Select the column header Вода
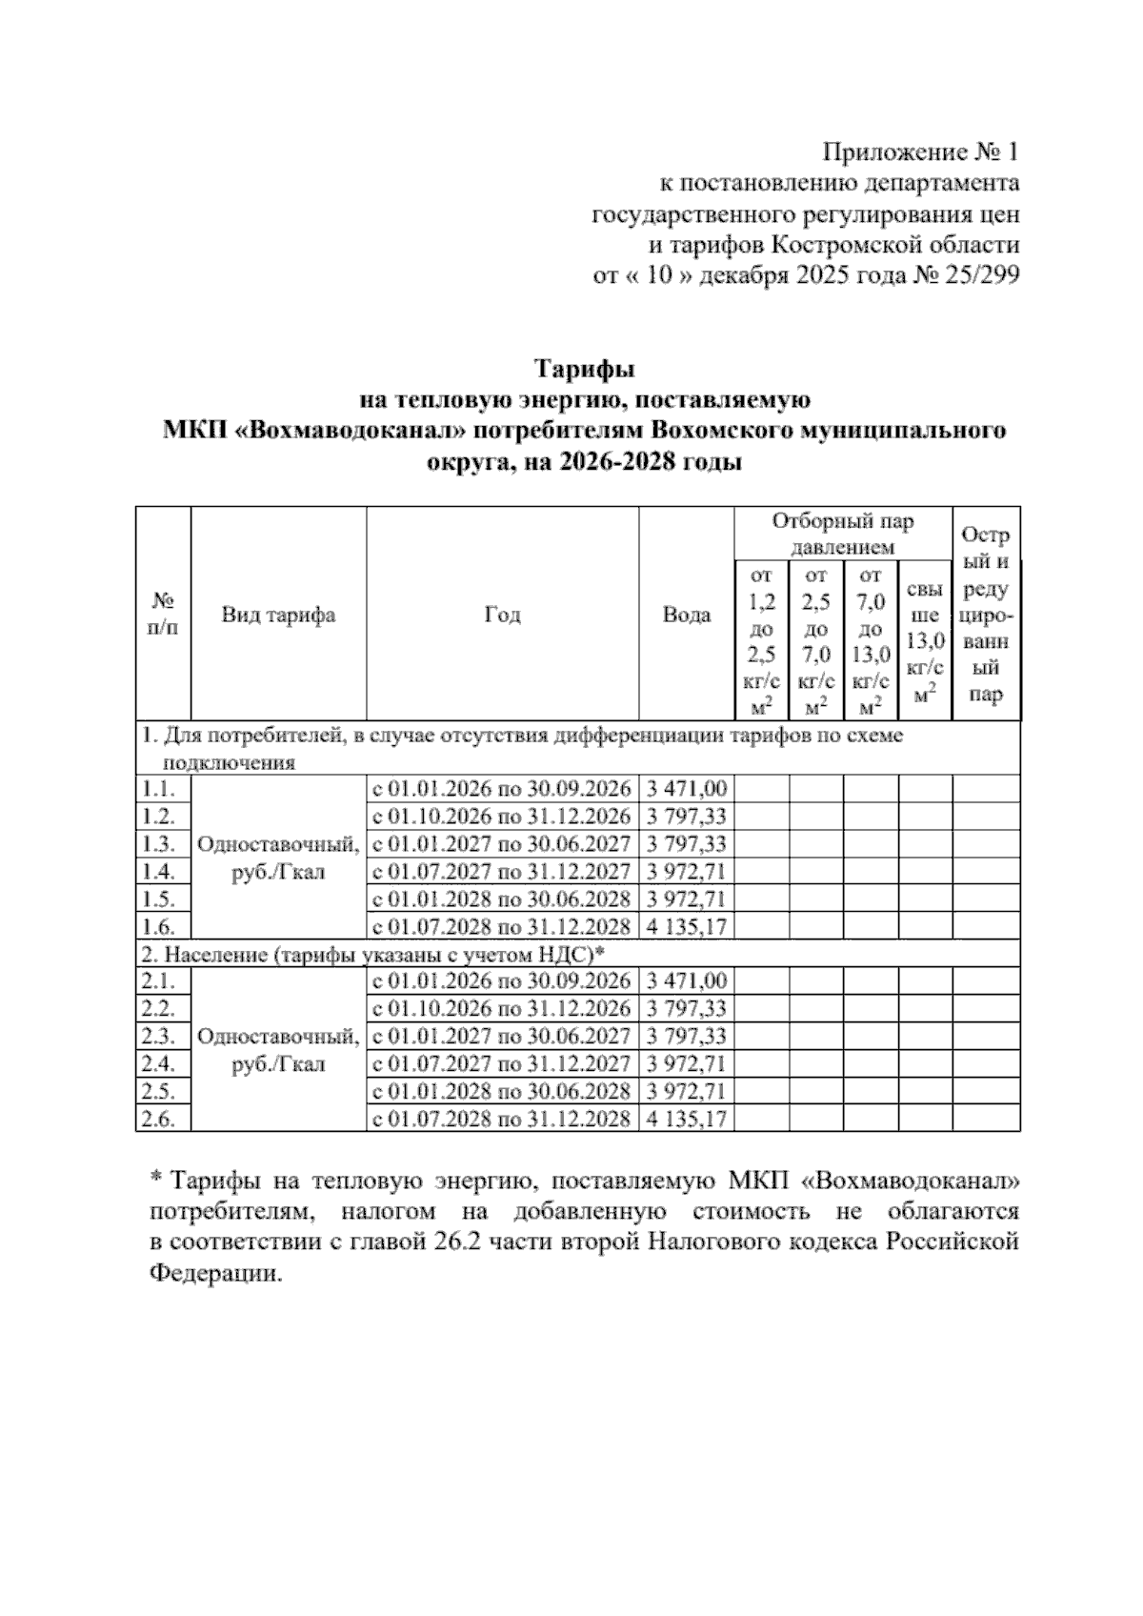point(686,615)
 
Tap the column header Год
point(502,615)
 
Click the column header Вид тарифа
point(278,615)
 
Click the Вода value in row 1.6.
point(686,926)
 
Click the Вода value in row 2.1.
point(686,981)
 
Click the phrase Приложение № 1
point(920,151)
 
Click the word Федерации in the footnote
point(216,1274)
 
